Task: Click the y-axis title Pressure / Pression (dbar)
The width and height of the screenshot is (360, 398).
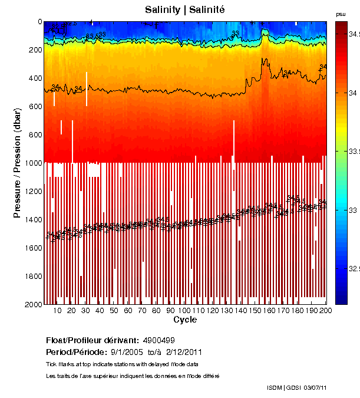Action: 17,163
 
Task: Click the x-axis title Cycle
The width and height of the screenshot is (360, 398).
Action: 185,320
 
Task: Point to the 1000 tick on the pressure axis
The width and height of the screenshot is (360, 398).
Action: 32,163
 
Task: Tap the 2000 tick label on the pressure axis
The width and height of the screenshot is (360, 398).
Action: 32,305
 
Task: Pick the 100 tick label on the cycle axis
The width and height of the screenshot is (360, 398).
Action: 184,311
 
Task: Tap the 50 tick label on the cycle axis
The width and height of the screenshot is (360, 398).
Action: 114,311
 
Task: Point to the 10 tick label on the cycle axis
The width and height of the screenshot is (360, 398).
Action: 57,311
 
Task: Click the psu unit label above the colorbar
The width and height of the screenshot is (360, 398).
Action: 341,14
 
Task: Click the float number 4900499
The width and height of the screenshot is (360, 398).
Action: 158,341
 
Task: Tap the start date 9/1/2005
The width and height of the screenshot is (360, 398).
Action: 129,352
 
